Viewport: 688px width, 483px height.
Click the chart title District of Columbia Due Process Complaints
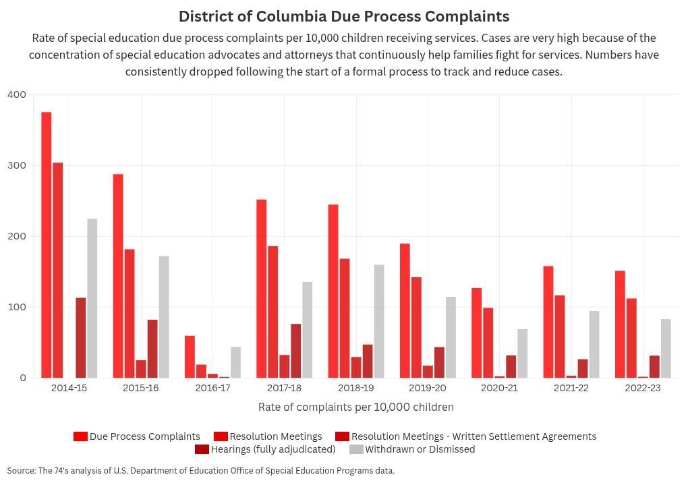click(x=344, y=16)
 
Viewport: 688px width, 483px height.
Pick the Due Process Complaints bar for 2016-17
click(x=190, y=357)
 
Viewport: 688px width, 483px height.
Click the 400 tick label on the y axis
click(x=17, y=95)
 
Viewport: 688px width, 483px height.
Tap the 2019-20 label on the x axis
click(x=428, y=389)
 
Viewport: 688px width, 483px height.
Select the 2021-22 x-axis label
click(x=571, y=389)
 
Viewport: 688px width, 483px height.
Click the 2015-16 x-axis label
click(x=141, y=389)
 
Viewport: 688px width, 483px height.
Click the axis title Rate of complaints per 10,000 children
click(x=355, y=407)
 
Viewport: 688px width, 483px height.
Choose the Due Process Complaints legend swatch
click(x=81, y=436)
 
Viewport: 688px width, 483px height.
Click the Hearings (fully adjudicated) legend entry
click(x=273, y=449)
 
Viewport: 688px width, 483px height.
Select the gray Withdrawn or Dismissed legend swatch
click(x=356, y=449)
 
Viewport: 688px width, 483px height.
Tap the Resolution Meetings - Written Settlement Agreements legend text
click(x=474, y=436)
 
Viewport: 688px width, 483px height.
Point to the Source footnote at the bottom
click(x=201, y=471)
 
